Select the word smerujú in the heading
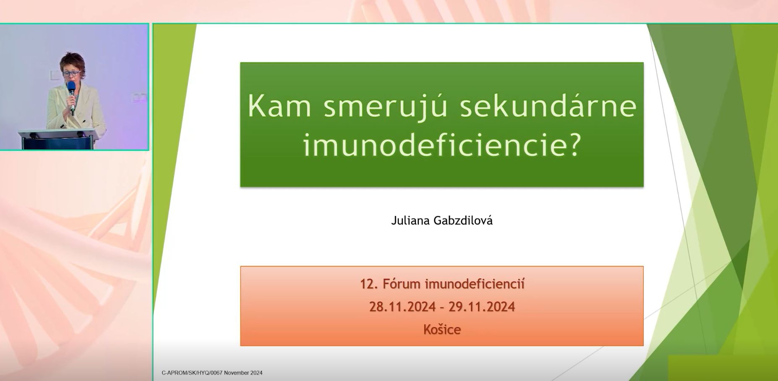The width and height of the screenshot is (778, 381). [x=386, y=107]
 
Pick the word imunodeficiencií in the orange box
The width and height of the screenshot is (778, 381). [x=475, y=284]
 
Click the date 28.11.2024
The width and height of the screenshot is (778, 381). [x=402, y=307]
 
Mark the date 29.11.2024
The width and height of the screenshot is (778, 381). [x=482, y=307]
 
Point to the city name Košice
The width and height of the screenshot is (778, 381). [x=442, y=329]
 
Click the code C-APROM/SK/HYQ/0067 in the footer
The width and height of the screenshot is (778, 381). [x=192, y=373]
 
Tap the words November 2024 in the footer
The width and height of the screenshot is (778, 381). [x=243, y=373]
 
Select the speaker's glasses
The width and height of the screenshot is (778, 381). [x=72, y=73]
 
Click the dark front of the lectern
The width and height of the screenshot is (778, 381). [x=57, y=144]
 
